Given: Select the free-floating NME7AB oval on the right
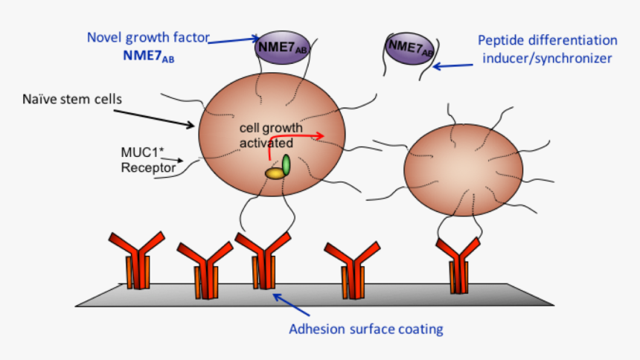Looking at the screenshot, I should coord(410,49).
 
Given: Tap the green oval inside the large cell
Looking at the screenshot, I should coord(286,164).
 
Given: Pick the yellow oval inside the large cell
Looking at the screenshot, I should coord(275,173).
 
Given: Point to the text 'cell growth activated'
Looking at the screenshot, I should coord(266,135).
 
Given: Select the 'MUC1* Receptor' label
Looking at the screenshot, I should coord(148,160).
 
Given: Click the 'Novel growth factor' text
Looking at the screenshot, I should coord(147,36).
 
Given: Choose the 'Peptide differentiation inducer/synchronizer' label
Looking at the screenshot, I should coord(548,49).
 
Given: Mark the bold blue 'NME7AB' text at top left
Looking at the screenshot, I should coord(149,54).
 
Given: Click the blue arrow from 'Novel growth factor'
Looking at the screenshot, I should coord(231,40).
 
